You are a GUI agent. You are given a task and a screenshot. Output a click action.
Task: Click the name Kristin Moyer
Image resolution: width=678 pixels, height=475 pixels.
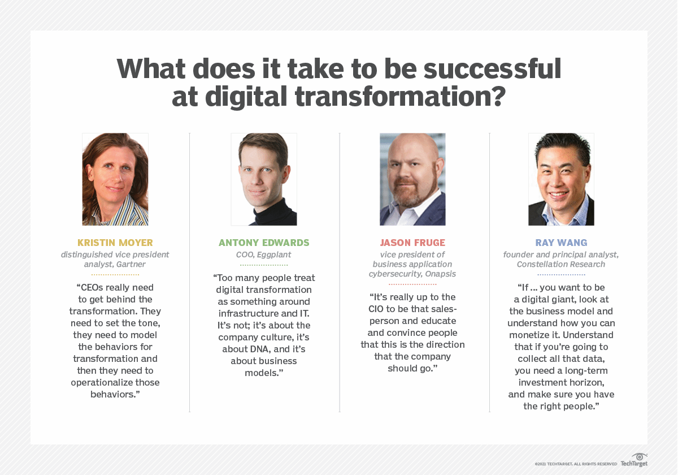(x=115, y=243)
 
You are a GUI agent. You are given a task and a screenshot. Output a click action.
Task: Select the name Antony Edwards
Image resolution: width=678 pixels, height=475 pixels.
(x=264, y=243)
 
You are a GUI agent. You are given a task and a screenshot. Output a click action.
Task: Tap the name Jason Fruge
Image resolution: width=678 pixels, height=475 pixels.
(x=412, y=243)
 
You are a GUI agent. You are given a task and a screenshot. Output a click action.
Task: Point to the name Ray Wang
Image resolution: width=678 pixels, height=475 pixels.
(x=561, y=243)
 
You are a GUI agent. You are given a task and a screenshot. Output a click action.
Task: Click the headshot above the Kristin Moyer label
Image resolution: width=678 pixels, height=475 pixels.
(x=115, y=179)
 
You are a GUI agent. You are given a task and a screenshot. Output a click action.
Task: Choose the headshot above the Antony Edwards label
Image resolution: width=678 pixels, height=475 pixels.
(x=264, y=179)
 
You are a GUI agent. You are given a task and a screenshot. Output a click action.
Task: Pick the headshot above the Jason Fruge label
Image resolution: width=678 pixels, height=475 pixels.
(x=412, y=179)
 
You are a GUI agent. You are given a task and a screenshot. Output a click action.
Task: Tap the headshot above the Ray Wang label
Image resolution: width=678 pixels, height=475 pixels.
(x=561, y=179)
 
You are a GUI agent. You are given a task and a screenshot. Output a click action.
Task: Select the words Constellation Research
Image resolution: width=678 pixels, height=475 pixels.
(x=561, y=264)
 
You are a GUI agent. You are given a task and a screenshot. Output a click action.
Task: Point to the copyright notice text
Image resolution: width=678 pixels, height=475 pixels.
(x=576, y=464)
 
